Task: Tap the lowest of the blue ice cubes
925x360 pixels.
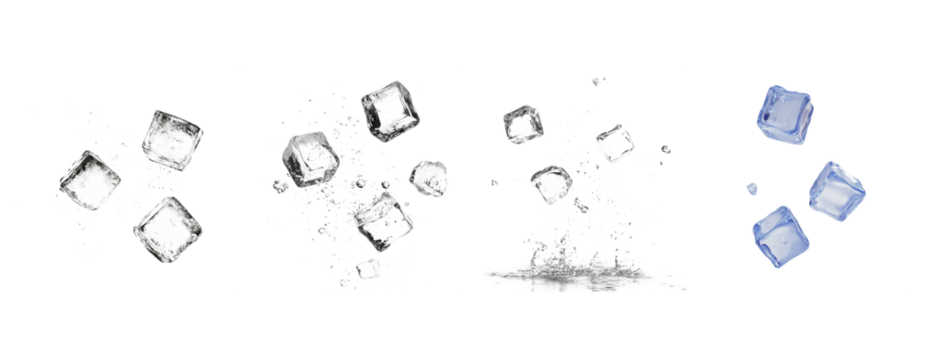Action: pos(780,237)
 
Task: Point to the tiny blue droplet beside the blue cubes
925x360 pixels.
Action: pos(752,188)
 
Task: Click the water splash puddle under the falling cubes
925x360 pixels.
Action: pos(580,274)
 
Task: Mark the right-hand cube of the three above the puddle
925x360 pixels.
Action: pos(613,143)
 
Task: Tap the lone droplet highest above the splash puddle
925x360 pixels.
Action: pos(597,80)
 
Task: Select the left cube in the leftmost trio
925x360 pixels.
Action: pos(89,180)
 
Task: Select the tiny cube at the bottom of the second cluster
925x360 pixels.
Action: pos(370,269)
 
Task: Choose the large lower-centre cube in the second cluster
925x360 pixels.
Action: pos(383,220)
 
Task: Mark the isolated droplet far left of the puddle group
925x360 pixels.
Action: pos(493,183)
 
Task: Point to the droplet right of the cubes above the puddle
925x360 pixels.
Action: pos(665,150)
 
